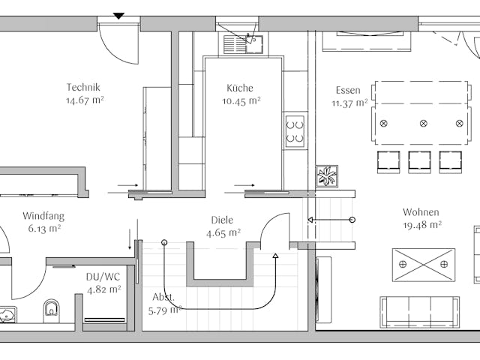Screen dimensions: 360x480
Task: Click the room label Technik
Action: (82, 87)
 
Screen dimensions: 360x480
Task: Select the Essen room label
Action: (348, 91)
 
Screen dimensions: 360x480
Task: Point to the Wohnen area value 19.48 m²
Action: (421, 225)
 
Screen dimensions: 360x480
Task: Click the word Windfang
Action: (43, 216)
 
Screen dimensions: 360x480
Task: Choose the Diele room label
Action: (222, 220)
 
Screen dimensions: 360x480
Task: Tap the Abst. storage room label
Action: (163, 297)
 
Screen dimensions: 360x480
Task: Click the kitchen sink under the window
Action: (241, 43)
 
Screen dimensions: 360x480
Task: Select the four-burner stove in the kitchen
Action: (295, 130)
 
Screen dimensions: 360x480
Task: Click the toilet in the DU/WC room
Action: (51, 307)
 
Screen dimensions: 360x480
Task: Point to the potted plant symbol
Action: (327, 176)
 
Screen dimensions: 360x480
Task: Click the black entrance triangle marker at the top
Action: (118, 15)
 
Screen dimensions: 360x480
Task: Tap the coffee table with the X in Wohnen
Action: (423, 264)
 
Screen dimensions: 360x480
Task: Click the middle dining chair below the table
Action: (419, 161)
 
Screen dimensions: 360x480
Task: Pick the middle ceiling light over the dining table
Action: (423, 122)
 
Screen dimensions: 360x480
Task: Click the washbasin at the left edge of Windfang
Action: (7, 313)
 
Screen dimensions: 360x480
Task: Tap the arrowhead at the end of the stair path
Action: (275, 257)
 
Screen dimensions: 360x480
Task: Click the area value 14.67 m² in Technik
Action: (84, 100)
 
